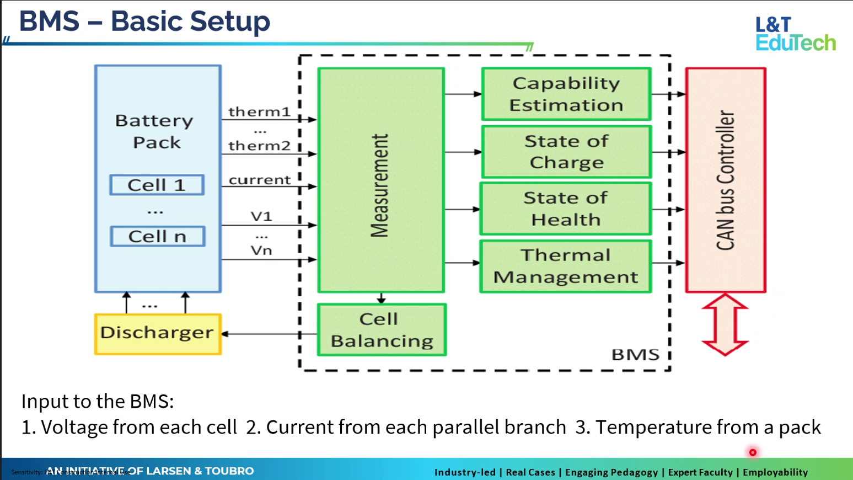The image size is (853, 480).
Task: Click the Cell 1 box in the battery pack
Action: pyautogui.click(x=157, y=185)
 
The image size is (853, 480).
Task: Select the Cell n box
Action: pyautogui.click(x=158, y=236)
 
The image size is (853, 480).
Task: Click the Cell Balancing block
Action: pyautogui.click(x=382, y=330)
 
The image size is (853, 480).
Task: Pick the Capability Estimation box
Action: pyautogui.click(x=566, y=94)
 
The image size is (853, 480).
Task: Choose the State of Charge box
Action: pyautogui.click(x=566, y=152)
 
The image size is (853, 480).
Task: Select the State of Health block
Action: pyautogui.click(x=566, y=209)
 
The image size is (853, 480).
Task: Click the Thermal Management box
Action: pyautogui.click(x=566, y=266)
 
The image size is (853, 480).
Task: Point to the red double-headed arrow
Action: pyautogui.click(x=725, y=324)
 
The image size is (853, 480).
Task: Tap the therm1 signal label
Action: pyautogui.click(x=259, y=111)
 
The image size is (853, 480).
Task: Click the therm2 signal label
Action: pyautogui.click(x=259, y=146)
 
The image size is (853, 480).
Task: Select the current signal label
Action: pyautogui.click(x=260, y=180)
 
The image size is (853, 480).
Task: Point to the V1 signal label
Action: pyautogui.click(x=261, y=216)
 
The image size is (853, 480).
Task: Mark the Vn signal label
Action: pyautogui.click(x=261, y=250)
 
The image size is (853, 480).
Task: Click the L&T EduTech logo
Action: pyautogui.click(x=795, y=34)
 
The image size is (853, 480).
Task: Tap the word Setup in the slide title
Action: pyautogui.click(x=230, y=22)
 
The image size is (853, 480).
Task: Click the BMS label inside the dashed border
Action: pyautogui.click(x=635, y=355)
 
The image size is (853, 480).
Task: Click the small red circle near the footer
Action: pyautogui.click(x=753, y=452)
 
